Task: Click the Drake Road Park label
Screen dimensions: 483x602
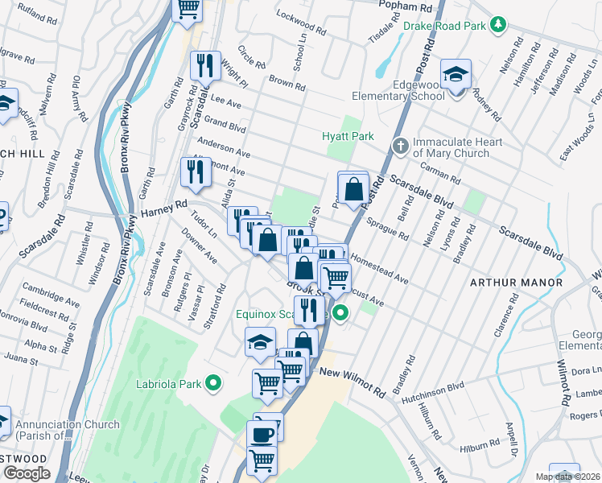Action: pos(445,26)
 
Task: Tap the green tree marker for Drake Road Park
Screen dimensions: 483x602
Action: pos(499,26)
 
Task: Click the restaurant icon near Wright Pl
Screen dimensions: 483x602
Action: pos(205,65)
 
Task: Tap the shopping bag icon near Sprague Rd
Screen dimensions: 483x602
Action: pos(353,189)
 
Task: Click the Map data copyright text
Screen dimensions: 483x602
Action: pos(567,477)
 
